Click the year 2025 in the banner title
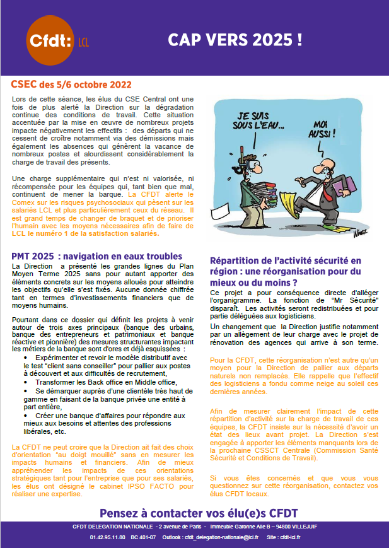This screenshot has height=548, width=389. pos(272,40)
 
